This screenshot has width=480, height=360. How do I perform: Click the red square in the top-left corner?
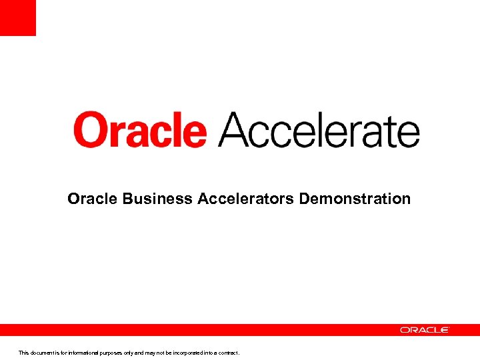(17, 17)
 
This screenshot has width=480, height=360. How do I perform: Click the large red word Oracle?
(140, 130)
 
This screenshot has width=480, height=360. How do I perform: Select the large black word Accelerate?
(319, 130)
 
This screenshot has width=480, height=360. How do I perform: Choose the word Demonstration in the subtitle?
(355, 199)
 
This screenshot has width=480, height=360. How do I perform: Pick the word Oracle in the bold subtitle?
(93, 199)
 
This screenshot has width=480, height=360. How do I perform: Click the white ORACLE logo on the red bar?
(425, 330)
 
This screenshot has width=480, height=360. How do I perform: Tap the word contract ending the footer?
(228, 353)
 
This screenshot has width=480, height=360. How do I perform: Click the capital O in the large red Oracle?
(90, 131)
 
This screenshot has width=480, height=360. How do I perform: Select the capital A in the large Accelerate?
(235, 130)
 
